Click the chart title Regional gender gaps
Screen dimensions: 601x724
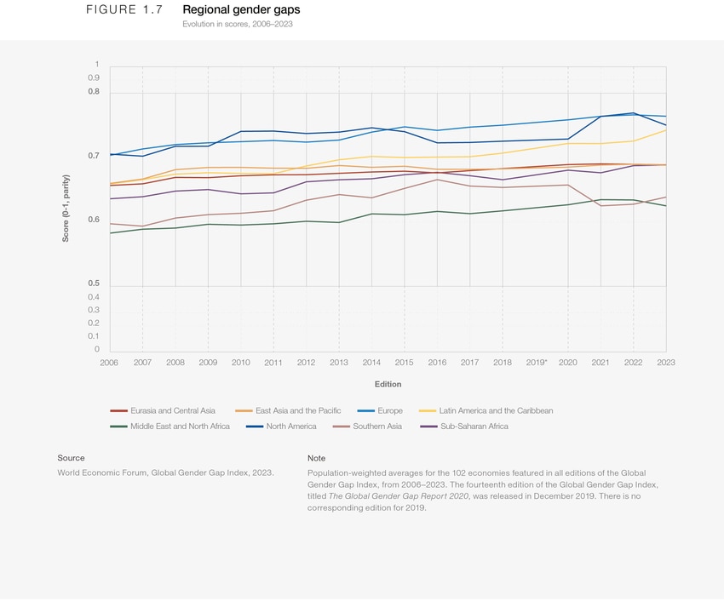pos(241,9)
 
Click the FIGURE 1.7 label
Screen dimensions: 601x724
pos(124,9)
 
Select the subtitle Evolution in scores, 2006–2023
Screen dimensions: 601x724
pos(238,24)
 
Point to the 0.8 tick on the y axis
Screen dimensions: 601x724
pos(93,91)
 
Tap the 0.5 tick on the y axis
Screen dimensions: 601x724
pos(93,283)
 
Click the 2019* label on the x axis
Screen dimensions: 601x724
pos(536,363)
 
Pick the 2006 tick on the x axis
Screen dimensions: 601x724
pos(109,363)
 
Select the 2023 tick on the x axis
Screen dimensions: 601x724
pos(665,363)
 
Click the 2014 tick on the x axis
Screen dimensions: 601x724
pos(371,363)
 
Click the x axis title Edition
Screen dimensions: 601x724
pos(388,385)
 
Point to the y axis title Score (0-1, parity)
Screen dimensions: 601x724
pos(66,208)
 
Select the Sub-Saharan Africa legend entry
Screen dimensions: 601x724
pos(474,426)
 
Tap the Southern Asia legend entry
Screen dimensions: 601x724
pos(376,426)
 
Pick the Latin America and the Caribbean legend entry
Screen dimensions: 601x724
pos(495,410)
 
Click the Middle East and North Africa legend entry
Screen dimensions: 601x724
pos(180,426)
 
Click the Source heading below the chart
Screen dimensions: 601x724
pos(71,458)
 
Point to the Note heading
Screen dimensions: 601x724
pos(316,458)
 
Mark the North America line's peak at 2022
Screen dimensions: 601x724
pos(633,113)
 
